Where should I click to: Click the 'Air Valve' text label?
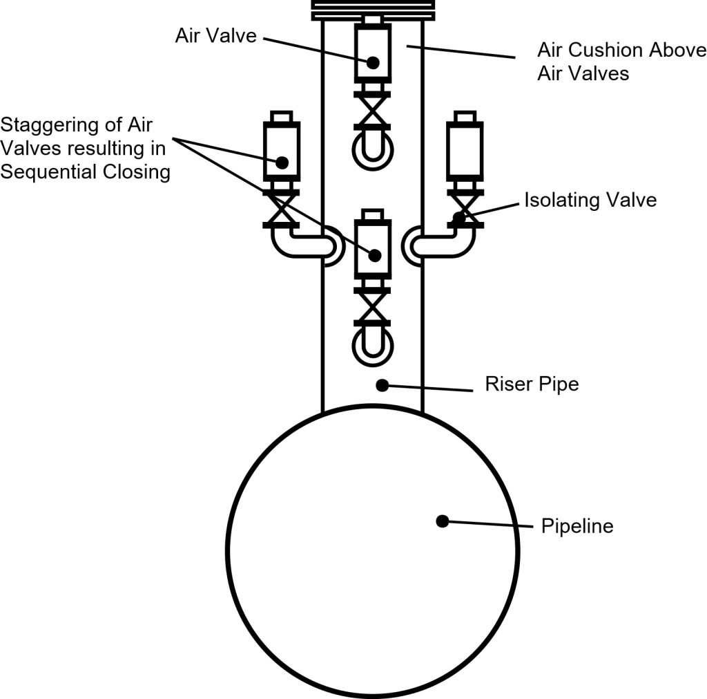(x=215, y=36)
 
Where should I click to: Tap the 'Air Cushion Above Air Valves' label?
(x=621, y=61)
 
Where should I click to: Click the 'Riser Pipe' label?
(x=532, y=384)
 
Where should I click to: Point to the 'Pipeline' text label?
(x=577, y=526)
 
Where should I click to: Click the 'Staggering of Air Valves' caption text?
(x=85, y=149)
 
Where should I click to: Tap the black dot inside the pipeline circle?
(x=443, y=521)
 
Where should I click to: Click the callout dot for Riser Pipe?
(x=380, y=384)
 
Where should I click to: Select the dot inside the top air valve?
(x=373, y=62)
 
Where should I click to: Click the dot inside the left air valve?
(x=282, y=162)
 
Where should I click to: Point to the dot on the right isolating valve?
(x=457, y=218)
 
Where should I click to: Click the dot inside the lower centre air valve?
(x=374, y=255)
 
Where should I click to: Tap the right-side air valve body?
(x=465, y=152)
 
